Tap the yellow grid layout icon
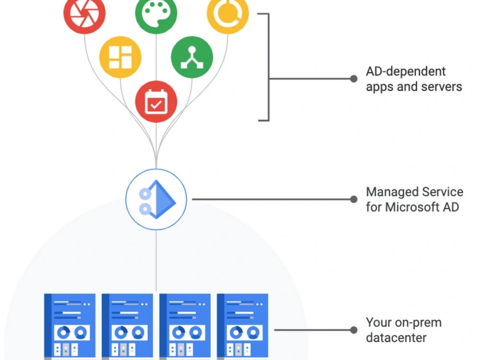[120, 57]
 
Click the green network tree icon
[192, 57]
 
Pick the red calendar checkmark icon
[156, 101]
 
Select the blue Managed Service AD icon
[156, 199]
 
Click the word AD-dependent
[406, 72]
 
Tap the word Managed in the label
[387, 192]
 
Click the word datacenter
[396, 337]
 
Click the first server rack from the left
[70, 326]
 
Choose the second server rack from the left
[127, 326]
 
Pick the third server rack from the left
[185, 326]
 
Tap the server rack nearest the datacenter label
[242, 326]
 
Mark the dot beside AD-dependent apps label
[354, 79]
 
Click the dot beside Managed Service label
[354, 199]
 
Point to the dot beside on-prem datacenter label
[354, 330]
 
